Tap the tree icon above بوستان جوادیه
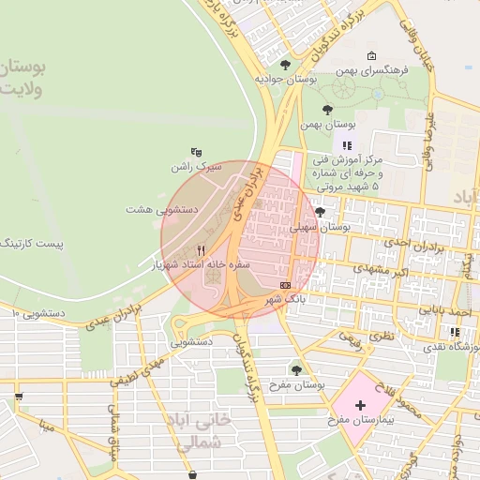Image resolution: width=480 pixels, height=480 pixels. point(285,64)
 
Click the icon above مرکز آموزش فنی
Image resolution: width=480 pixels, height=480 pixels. point(348,145)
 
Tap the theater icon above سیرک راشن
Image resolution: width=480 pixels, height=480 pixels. point(195,151)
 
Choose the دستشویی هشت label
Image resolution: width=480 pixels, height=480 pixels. point(159,209)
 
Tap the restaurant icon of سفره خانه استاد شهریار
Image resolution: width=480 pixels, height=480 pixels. point(202,250)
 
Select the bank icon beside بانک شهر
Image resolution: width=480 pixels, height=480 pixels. point(285,284)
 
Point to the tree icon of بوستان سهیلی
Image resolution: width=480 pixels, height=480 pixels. point(320,212)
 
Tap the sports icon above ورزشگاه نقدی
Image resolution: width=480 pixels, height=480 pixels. point(455,331)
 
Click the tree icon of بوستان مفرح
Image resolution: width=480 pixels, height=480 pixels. point(297,369)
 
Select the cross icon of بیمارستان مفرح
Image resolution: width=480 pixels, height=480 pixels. point(360,404)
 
